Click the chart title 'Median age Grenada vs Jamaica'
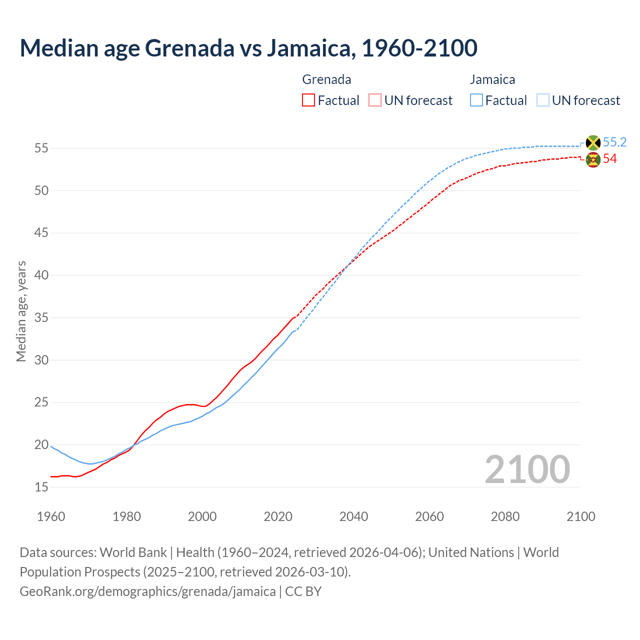(x=248, y=48)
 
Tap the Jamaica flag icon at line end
(x=593, y=143)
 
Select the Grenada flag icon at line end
(x=593, y=160)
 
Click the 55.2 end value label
(x=614, y=142)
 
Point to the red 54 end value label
(x=610, y=159)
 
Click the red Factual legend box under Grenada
(x=308, y=100)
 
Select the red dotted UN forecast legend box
(x=375, y=100)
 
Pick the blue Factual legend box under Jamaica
(x=476, y=100)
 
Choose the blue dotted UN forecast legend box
(x=543, y=100)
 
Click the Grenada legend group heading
(x=326, y=79)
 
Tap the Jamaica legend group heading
(x=492, y=79)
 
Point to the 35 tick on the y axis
(x=41, y=318)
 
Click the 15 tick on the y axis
(x=41, y=487)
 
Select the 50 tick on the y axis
(x=41, y=191)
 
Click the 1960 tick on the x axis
(x=51, y=516)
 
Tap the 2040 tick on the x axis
(x=353, y=516)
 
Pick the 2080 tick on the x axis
(x=505, y=516)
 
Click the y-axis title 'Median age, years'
(x=21, y=311)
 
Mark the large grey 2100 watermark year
(x=527, y=469)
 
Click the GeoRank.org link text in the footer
(x=147, y=591)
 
